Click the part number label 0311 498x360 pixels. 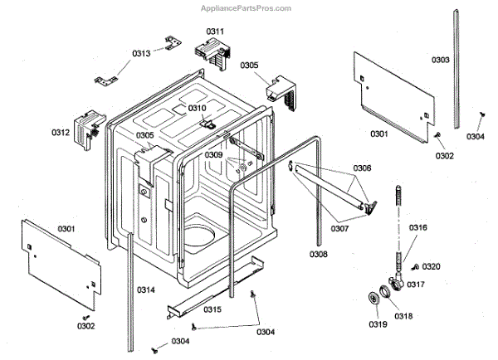pos(216,32)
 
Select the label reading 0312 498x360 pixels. pos(60,132)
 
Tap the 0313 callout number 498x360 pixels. pos(141,54)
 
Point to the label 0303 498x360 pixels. pos(441,60)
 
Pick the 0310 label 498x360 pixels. pos(197,109)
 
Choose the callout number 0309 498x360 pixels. pos(214,155)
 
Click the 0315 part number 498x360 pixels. pos(212,309)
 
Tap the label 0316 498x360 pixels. pos(418,227)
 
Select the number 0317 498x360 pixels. pos(415,285)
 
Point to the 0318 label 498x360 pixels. pos(403,316)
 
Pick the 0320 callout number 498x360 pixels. pos(432,266)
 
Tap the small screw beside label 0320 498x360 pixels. pos(414,266)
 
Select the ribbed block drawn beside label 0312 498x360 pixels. pos(85,130)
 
